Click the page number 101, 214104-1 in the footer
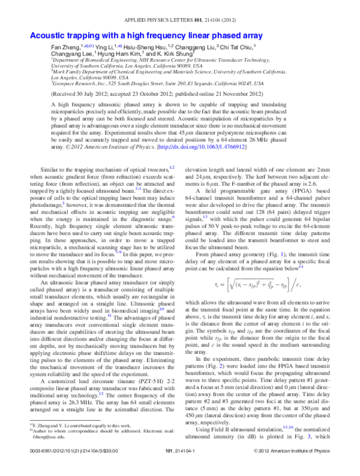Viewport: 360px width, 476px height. [180, 467]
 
